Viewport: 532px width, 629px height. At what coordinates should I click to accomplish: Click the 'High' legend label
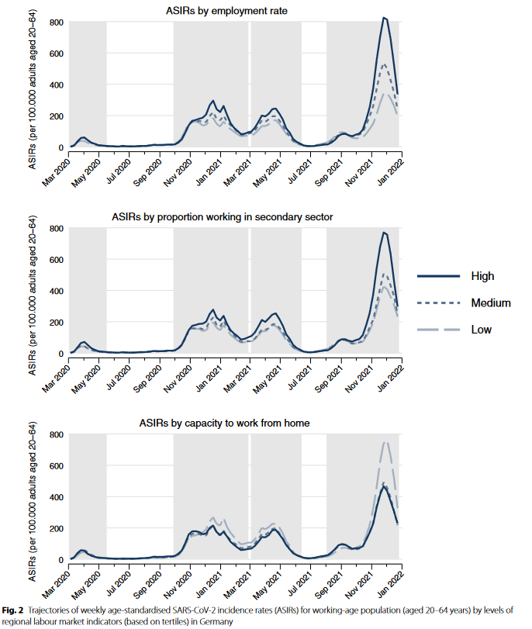click(x=482, y=276)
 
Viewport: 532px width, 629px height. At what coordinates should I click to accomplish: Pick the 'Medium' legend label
click(x=491, y=303)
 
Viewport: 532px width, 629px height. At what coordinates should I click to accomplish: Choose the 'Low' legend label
click(x=481, y=330)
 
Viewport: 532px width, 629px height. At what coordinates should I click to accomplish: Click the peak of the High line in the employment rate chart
click(x=384, y=18)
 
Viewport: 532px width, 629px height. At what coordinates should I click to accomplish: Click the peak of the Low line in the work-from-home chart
click(x=384, y=442)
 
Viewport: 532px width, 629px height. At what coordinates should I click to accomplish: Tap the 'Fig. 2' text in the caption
click(x=14, y=610)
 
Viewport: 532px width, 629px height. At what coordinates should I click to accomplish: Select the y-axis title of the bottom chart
click(x=32, y=496)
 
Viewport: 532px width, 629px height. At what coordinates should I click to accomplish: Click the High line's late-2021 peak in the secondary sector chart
click(x=383, y=232)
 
